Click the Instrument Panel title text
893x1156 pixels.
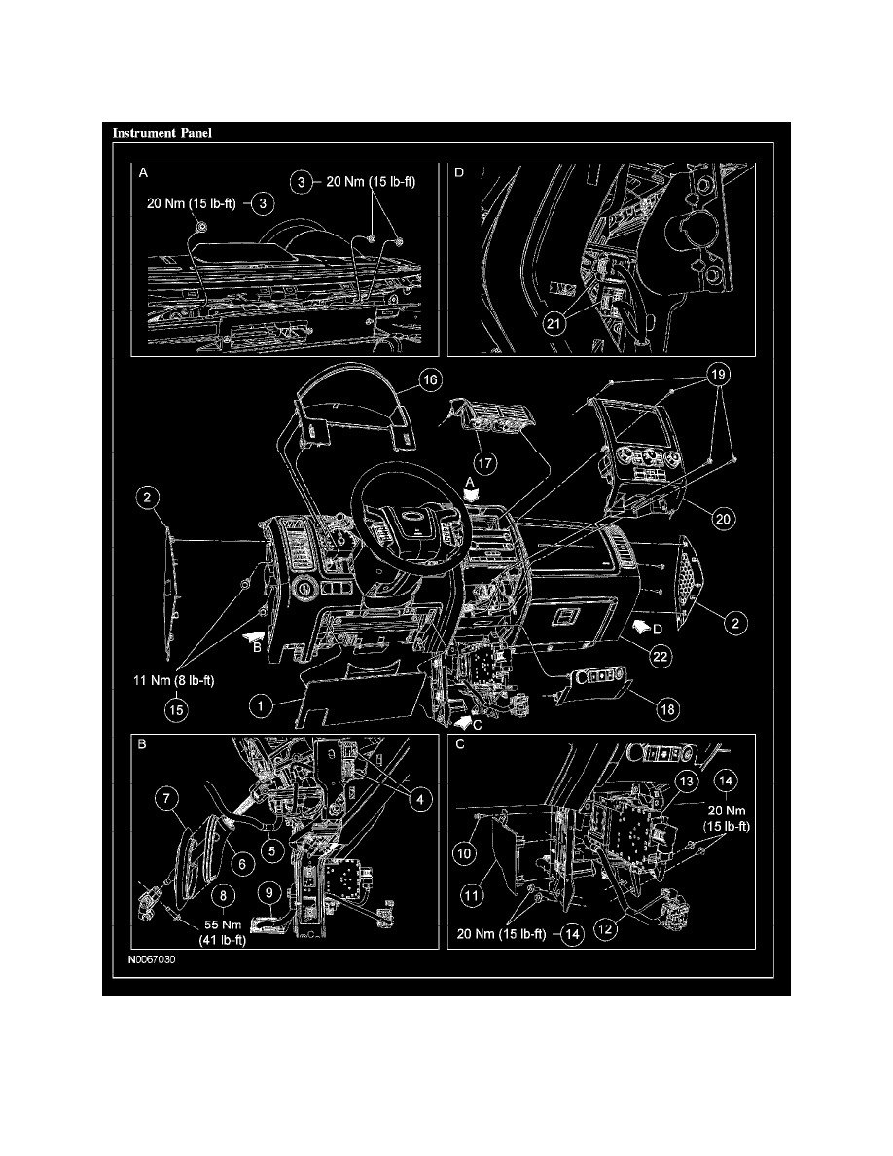pyautogui.click(x=161, y=132)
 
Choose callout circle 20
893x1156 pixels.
pyautogui.click(x=721, y=520)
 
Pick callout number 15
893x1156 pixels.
pyautogui.click(x=176, y=710)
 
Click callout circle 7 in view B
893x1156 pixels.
pyautogui.click(x=166, y=801)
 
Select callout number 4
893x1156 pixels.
pyautogui.click(x=419, y=800)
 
